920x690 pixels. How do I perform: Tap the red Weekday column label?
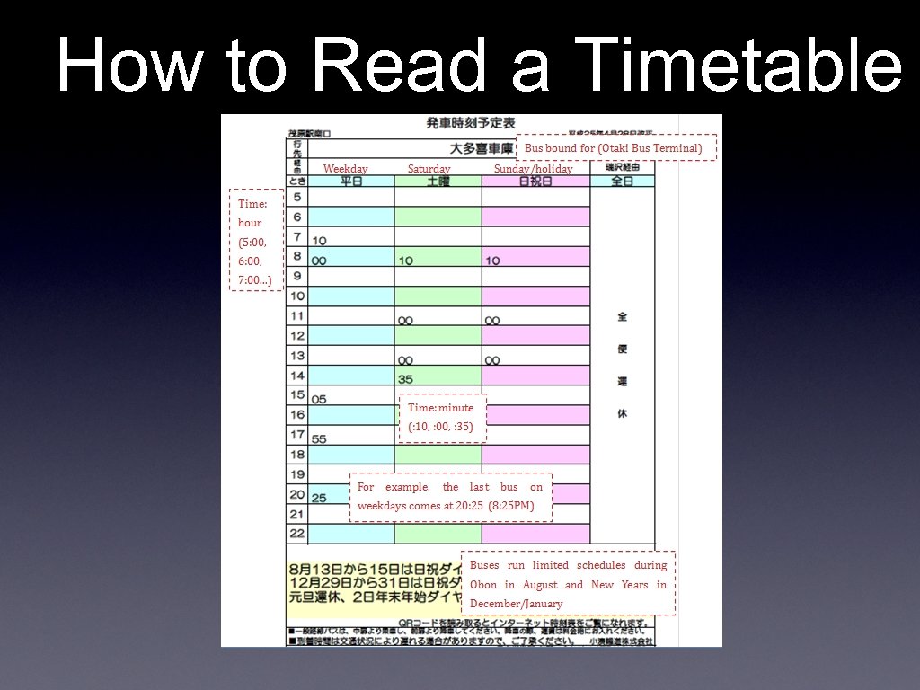[x=345, y=169]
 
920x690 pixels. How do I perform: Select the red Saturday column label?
[x=429, y=169]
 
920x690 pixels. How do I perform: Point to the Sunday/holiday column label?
[x=533, y=169]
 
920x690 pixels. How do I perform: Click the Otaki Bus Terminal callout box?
[x=616, y=147]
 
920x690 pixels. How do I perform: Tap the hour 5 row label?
[x=297, y=197]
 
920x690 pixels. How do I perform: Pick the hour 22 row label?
[x=297, y=534]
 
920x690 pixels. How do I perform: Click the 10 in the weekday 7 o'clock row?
[x=319, y=241]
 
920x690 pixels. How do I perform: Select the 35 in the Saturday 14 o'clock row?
[x=405, y=379]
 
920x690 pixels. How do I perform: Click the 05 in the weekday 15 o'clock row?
[x=319, y=399]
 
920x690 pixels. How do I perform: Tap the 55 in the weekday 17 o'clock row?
[x=319, y=439]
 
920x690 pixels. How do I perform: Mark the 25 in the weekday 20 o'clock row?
[x=319, y=498]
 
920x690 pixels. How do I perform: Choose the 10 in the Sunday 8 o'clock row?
[x=492, y=261]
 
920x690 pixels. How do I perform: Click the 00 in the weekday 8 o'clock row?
[x=319, y=261]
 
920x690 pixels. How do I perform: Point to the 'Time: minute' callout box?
[x=442, y=418]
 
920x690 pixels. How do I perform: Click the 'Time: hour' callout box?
[x=256, y=240]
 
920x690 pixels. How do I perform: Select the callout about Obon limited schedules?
[x=568, y=583]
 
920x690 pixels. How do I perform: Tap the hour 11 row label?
[x=297, y=315]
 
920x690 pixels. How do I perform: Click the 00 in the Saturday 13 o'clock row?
[x=405, y=360]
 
